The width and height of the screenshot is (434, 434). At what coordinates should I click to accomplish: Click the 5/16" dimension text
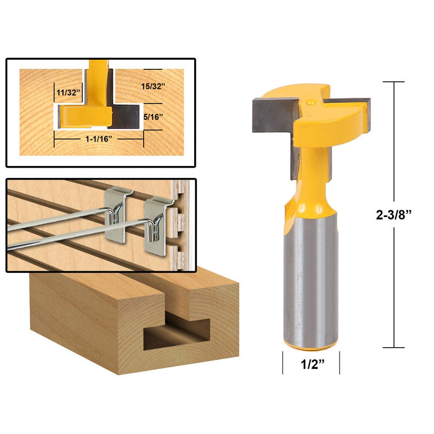tap(152, 116)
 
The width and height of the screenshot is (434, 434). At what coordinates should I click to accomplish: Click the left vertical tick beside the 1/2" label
tap(283, 362)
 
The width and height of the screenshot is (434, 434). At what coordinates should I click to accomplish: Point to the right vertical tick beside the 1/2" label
tap(340, 362)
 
